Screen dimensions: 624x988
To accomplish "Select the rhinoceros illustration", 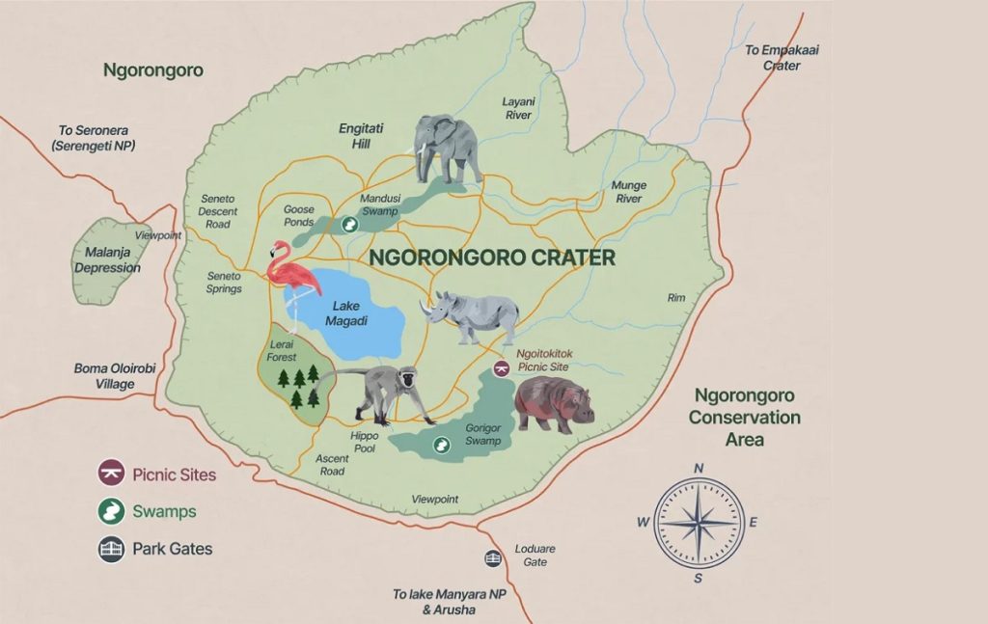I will click(x=473, y=316).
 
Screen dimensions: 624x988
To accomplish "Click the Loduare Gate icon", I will click(x=493, y=558).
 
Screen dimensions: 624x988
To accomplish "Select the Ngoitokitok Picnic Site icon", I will click(x=501, y=368).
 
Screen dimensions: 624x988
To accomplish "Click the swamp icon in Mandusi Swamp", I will click(x=351, y=223).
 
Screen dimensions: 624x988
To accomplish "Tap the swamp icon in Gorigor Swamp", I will click(x=441, y=445).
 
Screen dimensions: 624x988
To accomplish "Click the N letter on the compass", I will click(x=699, y=469).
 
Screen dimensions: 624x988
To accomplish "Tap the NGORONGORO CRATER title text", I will click(x=492, y=258).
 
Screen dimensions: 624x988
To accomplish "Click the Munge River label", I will click(x=628, y=192).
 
